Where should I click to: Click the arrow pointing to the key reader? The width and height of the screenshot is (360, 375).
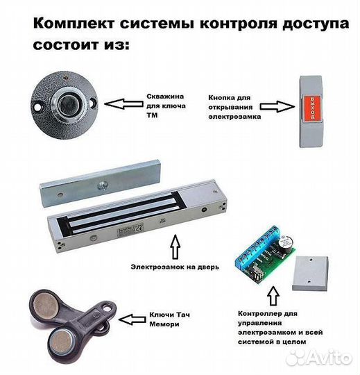(122, 106)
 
